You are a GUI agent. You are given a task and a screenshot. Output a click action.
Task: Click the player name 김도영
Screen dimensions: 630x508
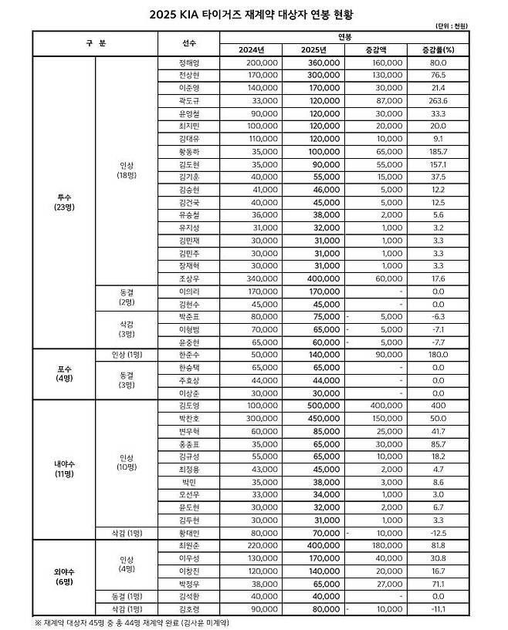click(190, 406)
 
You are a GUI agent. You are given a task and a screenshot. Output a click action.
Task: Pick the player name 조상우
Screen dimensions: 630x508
click(190, 279)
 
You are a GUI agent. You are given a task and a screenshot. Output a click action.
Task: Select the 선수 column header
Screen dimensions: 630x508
click(190, 43)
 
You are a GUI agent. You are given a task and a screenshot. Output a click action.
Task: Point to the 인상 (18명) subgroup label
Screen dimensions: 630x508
click(125, 170)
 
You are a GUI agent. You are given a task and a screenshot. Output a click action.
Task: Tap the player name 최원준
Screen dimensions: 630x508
click(190, 544)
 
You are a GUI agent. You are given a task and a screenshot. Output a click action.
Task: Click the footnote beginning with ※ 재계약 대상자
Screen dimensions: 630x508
click(132, 621)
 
